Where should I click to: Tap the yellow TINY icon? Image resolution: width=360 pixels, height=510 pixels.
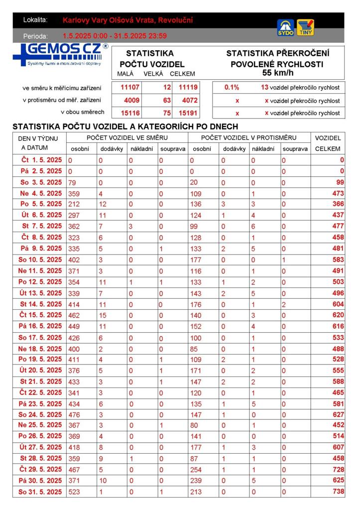(x=305, y=27)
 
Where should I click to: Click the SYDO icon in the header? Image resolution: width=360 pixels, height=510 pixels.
(x=285, y=27)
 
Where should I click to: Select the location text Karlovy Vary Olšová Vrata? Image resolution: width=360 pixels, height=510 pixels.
(x=128, y=20)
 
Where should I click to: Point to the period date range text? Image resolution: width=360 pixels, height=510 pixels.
(x=115, y=36)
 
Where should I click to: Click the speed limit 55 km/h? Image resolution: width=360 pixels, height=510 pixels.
(x=277, y=73)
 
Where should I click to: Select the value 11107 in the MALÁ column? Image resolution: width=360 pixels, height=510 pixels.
(x=130, y=87)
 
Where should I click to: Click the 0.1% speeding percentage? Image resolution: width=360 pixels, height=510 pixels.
(x=232, y=87)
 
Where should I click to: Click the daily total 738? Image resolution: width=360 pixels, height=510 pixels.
(x=338, y=492)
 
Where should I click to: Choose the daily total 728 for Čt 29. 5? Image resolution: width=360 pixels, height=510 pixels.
(x=338, y=470)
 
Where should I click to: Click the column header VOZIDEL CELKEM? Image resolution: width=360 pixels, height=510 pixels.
(x=328, y=143)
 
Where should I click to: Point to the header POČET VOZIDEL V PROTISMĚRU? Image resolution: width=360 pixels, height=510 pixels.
(x=248, y=137)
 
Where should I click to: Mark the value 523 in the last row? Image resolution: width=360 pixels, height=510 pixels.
(x=74, y=492)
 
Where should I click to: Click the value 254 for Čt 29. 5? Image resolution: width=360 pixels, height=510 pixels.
(x=196, y=470)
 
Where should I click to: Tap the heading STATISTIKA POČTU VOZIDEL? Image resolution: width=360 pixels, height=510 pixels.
(x=151, y=59)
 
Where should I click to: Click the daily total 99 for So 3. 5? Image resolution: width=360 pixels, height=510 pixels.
(x=340, y=182)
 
